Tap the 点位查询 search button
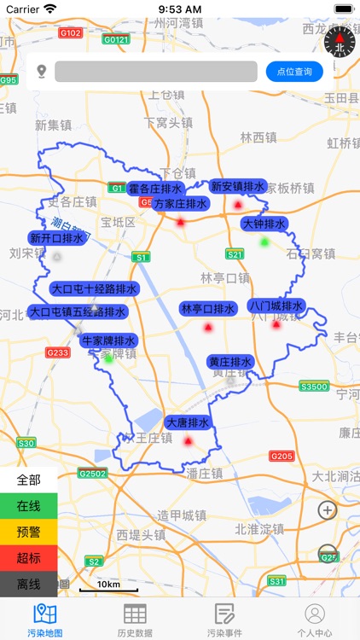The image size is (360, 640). tap(294, 72)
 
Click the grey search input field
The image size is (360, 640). tap(156, 72)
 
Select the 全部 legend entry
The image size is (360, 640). tap(28, 480)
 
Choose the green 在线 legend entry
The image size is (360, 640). tap(28, 506)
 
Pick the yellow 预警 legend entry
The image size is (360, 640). tap(28, 532)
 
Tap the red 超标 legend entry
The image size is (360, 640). tap(28, 558)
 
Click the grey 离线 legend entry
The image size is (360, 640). tap(28, 585)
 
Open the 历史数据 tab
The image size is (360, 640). tap(135, 620)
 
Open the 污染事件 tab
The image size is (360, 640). tap(224, 620)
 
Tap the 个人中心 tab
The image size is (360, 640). tap(315, 620)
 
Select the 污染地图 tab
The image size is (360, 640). tap(44, 620)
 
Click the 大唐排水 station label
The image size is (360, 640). tap(188, 422)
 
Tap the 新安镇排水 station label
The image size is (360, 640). tap(238, 186)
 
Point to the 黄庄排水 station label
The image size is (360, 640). tap(230, 362)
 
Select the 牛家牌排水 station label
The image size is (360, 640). tap(108, 340)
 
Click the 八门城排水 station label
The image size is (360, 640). tap(276, 305)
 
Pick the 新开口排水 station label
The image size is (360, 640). tap(57, 238)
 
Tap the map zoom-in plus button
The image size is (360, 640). tap(328, 510)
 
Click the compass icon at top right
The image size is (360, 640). tap(339, 41)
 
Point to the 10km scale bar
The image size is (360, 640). tap(108, 587)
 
